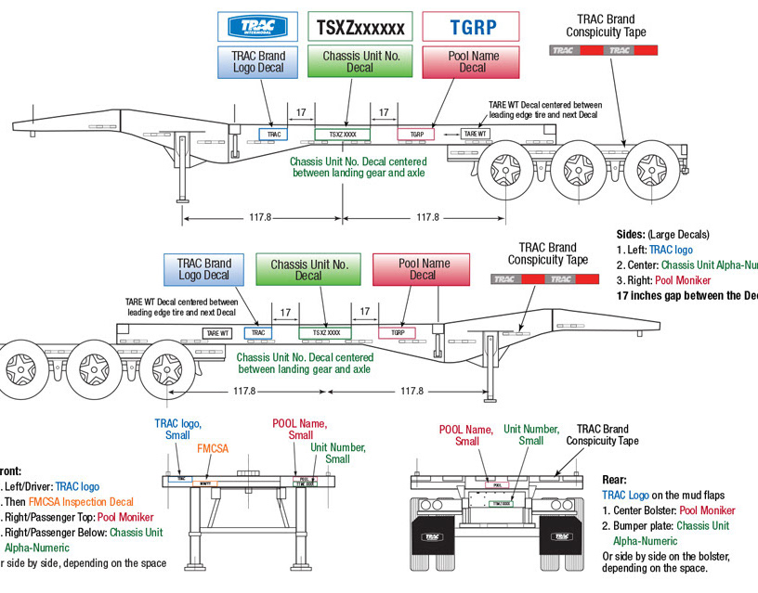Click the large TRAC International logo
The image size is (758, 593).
click(x=257, y=26)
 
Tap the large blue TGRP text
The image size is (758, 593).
click(x=472, y=27)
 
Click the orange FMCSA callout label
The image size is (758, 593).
click(x=213, y=448)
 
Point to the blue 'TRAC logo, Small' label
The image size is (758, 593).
click(x=177, y=430)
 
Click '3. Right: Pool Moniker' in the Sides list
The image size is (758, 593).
click(x=669, y=280)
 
